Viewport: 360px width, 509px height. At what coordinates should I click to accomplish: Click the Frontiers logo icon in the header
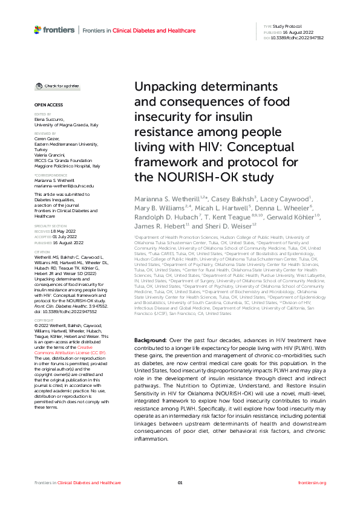(x=38, y=30)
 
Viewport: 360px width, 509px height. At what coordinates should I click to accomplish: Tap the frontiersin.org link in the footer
(x=312, y=483)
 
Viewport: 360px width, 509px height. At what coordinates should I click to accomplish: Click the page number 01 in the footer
(x=180, y=483)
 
